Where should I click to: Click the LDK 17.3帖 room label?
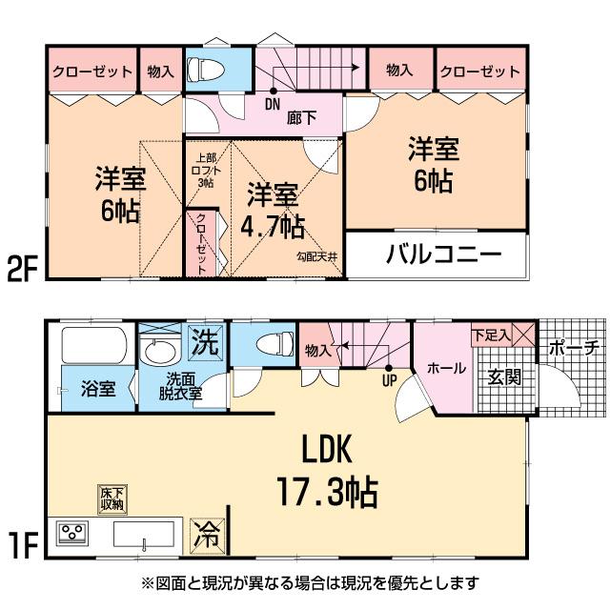[328, 472]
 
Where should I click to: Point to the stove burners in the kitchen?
[73, 533]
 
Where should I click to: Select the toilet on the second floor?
[203, 70]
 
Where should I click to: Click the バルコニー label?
[443, 255]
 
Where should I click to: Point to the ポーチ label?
[573, 348]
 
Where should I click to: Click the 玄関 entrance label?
[504, 376]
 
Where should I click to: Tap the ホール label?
[445, 368]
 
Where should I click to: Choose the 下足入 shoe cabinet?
[492, 335]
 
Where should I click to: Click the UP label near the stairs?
[389, 379]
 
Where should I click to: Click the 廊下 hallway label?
[301, 119]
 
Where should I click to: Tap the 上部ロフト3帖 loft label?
[205, 170]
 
